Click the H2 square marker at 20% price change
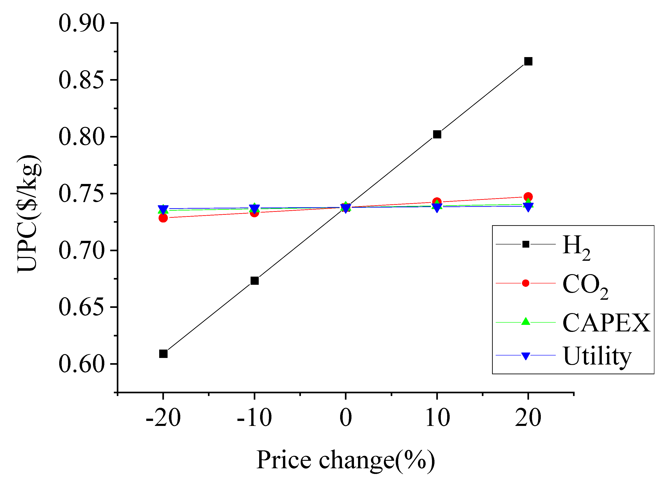click(528, 61)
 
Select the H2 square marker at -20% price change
click(163, 354)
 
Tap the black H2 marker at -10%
click(255, 281)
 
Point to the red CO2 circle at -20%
click(163, 218)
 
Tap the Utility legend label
click(597, 356)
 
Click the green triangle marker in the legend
click(526, 322)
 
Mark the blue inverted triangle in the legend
click(526, 356)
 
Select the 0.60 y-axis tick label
click(81, 364)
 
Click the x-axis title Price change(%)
click(346, 460)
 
